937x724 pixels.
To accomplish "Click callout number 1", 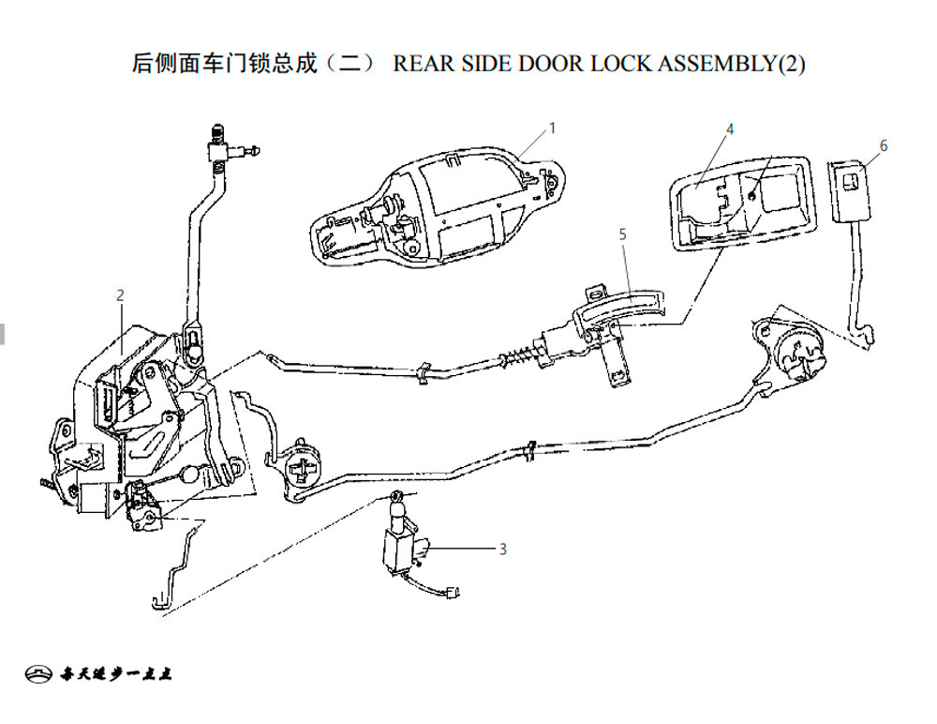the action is tap(553, 128).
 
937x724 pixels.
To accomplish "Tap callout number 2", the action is tap(121, 295).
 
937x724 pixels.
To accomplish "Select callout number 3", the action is tap(503, 550).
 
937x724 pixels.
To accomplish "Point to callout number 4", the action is tap(730, 129).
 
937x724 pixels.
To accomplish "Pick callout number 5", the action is tap(623, 234).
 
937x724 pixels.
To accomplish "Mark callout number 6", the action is tap(884, 145).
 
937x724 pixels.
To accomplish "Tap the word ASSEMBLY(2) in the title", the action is tap(732, 64).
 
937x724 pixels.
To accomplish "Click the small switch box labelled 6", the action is tap(850, 191).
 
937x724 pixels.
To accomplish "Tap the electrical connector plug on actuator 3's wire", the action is tap(452, 593).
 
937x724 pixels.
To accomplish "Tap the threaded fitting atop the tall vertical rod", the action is tap(218, 132).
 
